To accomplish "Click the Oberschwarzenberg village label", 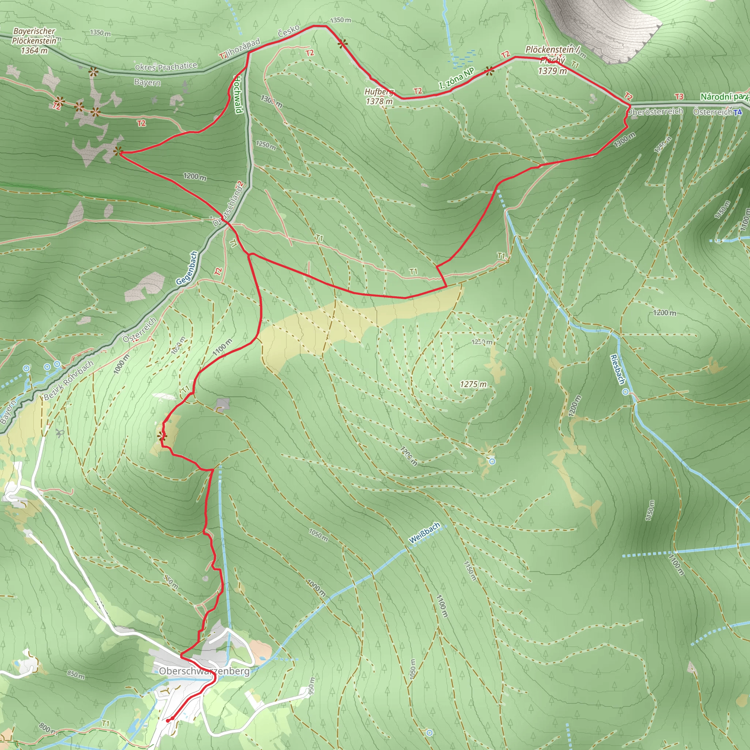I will click(x=204, y=671).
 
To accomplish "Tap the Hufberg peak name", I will click(x=379, y=92).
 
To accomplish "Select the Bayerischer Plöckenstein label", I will click(x=34, y=36).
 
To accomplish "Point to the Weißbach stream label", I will click(x=424, y=532).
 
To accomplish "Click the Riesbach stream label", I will click(x=617, y=369).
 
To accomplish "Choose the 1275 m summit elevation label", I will click(x=473, y=384).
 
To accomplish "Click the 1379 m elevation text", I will click(x=552, y=71).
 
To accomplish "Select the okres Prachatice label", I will click(x=166, y=66).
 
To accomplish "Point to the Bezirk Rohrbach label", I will click(x=68, y=380).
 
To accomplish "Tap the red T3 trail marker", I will click(x=679, y=96).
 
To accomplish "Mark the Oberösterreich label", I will click(x=655, y=112).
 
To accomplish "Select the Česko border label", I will click(x=289, y=31).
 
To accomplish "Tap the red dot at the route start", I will click(x=168, y=720).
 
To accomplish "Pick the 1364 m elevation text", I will click(x=34, y=51).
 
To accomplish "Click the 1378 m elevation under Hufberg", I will click(x=379, y=102).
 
